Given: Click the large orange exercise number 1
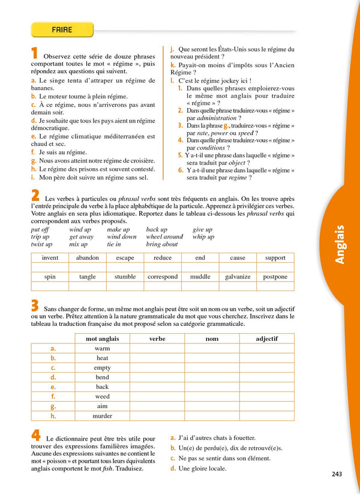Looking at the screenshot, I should (35, 53).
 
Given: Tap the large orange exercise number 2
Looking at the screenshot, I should (35, 194).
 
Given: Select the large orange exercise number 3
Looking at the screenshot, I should (35, 305).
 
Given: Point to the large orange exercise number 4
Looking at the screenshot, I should (35, 436).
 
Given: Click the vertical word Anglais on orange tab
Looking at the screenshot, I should (340, 244).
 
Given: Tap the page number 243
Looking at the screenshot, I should (336, 474).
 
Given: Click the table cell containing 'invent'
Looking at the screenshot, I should (50, 258).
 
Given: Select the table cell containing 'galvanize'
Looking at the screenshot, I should (238, 277).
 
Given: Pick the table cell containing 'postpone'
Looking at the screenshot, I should (275, 277).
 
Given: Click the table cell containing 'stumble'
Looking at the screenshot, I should (125, 277).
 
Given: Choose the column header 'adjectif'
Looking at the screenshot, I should (266, 339).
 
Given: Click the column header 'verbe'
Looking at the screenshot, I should (157, 339).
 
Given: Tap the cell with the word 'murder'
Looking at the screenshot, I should (103, 415).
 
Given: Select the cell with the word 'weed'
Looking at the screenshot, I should (103, 396).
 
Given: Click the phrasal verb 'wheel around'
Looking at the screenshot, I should (164, 236).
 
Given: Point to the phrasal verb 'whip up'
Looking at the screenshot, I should (203, 236).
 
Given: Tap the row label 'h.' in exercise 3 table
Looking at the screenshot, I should (53, 415).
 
